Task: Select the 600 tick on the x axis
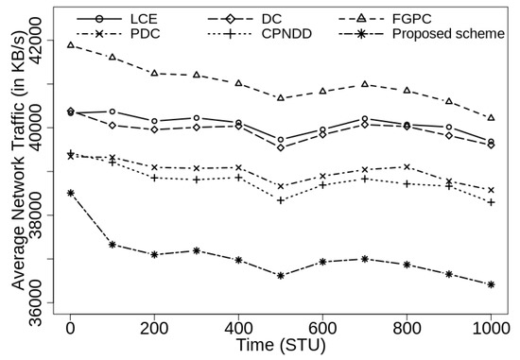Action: coord(322,326)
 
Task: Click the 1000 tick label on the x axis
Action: coord(491,326)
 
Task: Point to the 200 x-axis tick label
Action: coord(154,326)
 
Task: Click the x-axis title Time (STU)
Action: coord(280,347)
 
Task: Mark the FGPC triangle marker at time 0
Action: coord(70,44)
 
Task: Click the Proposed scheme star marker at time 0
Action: coord(70,193)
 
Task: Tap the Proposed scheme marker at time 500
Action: coord(281,276)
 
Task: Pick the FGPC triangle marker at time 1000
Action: coord(491,117)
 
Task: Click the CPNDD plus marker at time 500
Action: coord(281,199)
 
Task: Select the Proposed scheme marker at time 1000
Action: coord(491,284)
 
